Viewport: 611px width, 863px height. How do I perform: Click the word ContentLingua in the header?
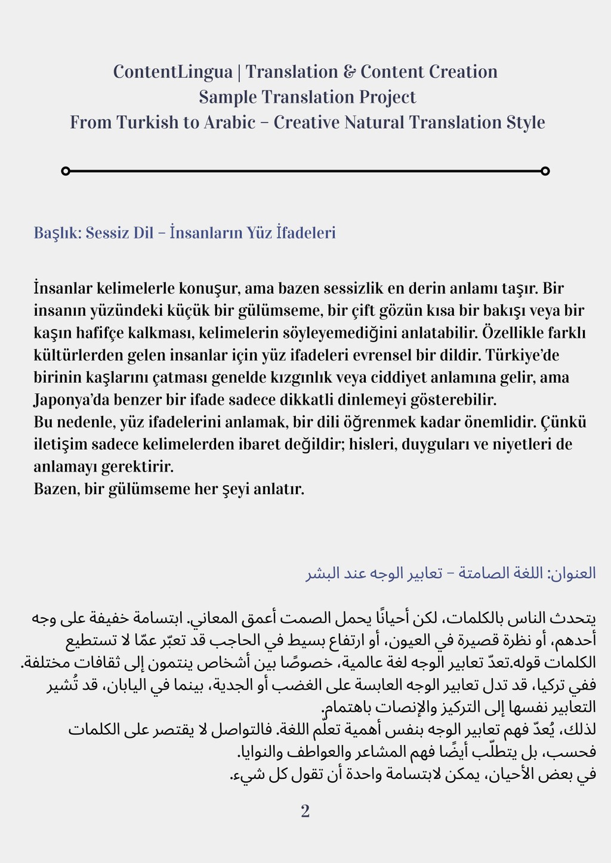tap(172, 72)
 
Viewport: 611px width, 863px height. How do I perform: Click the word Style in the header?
tap(526, 122)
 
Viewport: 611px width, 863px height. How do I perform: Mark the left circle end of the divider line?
tap(66, 171)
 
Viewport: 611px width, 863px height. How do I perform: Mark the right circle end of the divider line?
tap(545, 171)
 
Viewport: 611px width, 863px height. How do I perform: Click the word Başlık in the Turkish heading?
tap(56, 232)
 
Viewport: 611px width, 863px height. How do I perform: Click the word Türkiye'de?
tap(522, 355)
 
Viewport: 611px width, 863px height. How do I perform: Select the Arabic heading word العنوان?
tap(573, 573)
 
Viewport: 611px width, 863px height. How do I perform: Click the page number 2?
tap(305, 812)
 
